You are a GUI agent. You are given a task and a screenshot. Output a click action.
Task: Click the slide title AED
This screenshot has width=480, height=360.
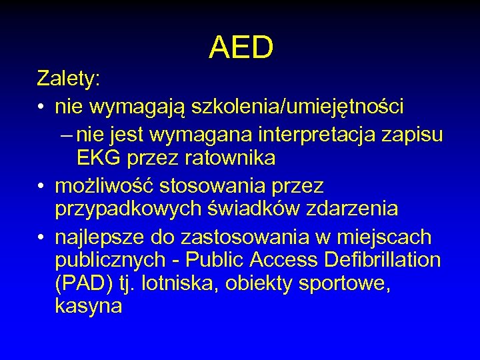[x=241, y=47]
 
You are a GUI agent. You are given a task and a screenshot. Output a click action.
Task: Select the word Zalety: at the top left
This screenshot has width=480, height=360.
[x=69, y=79]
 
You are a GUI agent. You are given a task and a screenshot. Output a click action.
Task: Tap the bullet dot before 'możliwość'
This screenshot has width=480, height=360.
[x=41, y=184]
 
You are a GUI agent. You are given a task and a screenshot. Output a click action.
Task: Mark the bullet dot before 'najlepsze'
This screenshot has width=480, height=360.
[x=41, y=237]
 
